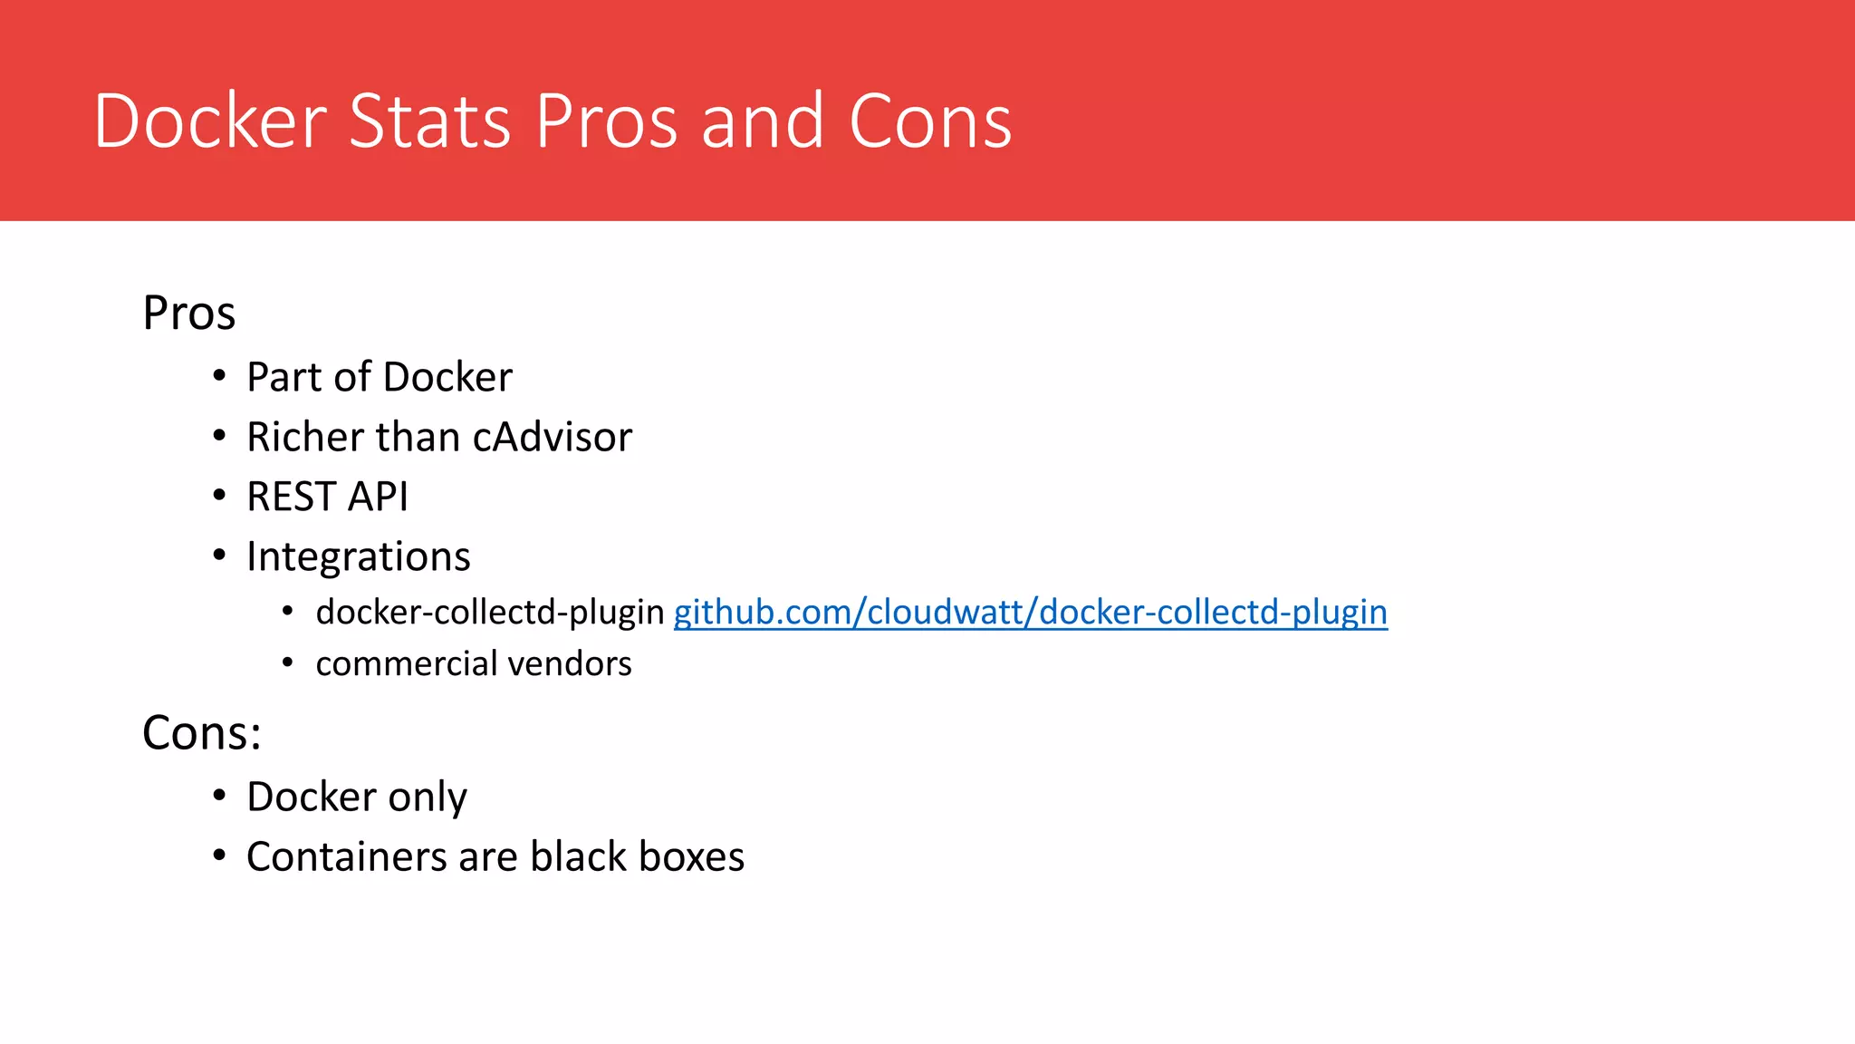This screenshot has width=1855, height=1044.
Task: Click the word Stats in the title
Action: tap(429, 121)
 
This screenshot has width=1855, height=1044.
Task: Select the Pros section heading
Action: tap(188, 314)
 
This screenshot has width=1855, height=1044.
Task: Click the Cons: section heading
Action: tap(201, 732)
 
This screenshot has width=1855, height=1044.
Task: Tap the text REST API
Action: tap(327, 497)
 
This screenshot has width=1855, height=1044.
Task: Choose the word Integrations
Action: tap(358, 556)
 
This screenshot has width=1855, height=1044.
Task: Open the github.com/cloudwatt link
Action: tap(1030, 613)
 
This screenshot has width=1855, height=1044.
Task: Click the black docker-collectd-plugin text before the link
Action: tap(490, 613)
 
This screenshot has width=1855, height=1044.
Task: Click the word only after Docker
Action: tap(428, 797)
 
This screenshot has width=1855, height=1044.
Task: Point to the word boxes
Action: tap(691, 857)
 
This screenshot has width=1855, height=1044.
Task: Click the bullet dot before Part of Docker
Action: tap(219, 375)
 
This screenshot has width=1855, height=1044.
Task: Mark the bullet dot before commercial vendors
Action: tap(287, 662)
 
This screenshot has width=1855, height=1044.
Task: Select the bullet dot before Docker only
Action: tap(219, 796)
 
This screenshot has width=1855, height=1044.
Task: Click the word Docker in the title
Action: tap(210, 121)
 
